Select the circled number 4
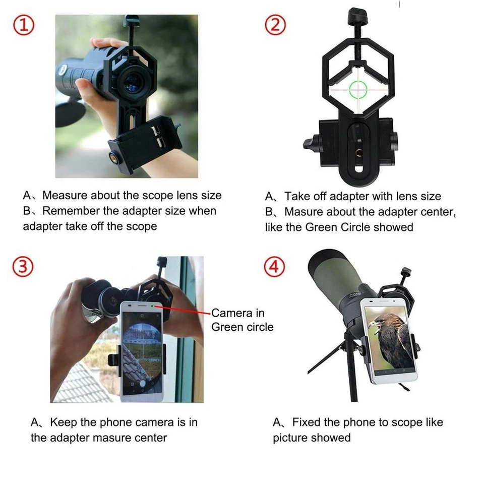pos(275,267)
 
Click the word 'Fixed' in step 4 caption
pos(308,422)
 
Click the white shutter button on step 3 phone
pos(143,383)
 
